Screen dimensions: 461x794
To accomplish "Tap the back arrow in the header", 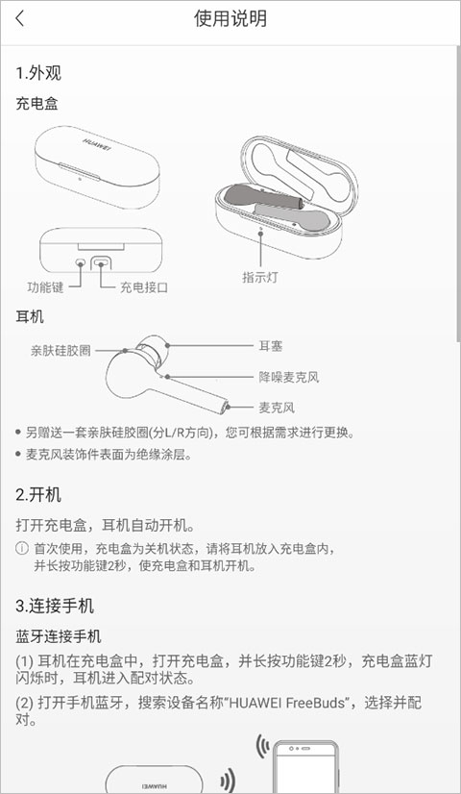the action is point(20,19).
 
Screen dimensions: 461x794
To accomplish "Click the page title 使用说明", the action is point(230,19).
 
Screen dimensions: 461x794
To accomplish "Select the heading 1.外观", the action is point(38,73).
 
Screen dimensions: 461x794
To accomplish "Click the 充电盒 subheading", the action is point(36,104).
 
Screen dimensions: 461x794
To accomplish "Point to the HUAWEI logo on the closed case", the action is point(96,142).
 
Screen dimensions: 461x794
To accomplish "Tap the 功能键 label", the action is point(45,287).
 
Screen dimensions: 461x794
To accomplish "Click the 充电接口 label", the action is point(144,287).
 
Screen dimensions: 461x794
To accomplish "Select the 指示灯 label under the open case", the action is point(260,278).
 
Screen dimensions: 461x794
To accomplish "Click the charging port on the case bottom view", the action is point(101,262).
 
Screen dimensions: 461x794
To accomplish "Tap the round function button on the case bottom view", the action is point(81,262).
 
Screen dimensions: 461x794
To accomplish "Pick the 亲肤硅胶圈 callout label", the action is point(61,351).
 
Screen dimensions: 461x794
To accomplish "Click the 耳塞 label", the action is point(271,346).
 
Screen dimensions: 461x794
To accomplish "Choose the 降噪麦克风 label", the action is point(289,377).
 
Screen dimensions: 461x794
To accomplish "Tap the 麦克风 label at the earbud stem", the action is point(277,408).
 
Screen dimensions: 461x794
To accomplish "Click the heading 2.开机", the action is point(38,495).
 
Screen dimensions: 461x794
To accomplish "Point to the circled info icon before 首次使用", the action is point(22,549).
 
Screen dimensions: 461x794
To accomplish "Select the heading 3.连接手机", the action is point(55,606).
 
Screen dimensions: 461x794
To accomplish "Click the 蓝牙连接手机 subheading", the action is point(59,636).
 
